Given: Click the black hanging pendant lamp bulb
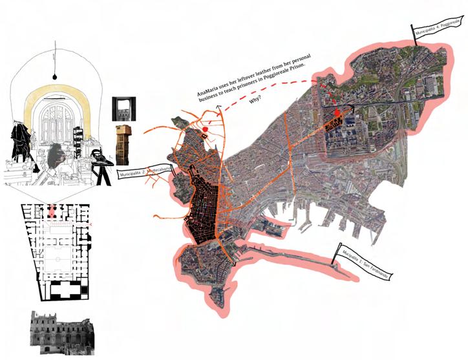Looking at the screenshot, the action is tap(56, 70).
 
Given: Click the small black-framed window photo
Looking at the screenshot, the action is tap(122, 109).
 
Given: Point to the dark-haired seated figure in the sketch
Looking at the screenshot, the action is tap(57, 155).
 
